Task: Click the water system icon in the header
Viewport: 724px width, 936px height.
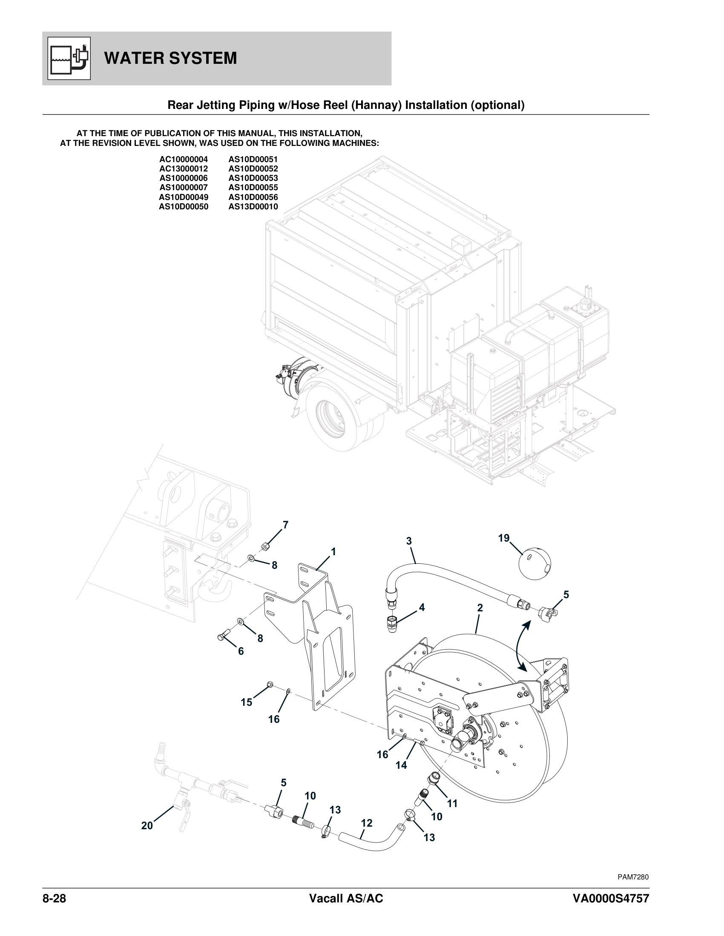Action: [69, 58]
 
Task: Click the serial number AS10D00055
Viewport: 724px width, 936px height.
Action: [253, 188]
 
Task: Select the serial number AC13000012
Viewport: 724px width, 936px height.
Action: [184, 169]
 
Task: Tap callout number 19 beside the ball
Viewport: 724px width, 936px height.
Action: [503, 538]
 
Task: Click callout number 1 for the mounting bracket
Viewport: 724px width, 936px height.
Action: [333, 551]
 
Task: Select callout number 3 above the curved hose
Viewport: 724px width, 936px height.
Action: [409, 541]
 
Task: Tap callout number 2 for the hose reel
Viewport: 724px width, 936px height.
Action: [480, 608]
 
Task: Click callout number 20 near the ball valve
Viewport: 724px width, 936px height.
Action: [147, 826]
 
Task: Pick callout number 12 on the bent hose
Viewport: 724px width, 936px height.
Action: [366, 823]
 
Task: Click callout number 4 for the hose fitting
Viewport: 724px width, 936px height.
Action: [422, 607]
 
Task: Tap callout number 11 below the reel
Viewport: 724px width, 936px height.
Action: [452, 804]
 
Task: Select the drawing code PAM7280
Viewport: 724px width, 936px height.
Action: [632, 877]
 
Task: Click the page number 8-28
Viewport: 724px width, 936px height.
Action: [54, 898]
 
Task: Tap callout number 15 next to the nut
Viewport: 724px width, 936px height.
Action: [246, 702]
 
